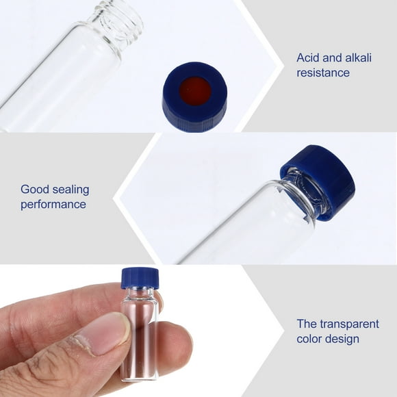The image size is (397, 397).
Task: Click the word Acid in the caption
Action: pos(308,58)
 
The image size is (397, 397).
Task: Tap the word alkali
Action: pos(355,58)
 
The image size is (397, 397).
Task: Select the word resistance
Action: pos(323,73)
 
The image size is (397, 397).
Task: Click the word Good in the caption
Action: pos(34,190)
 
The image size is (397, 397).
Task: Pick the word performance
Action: pos(53,204)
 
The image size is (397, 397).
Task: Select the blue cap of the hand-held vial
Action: pos(140,277)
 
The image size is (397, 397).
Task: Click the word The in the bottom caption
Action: pos(306,324)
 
